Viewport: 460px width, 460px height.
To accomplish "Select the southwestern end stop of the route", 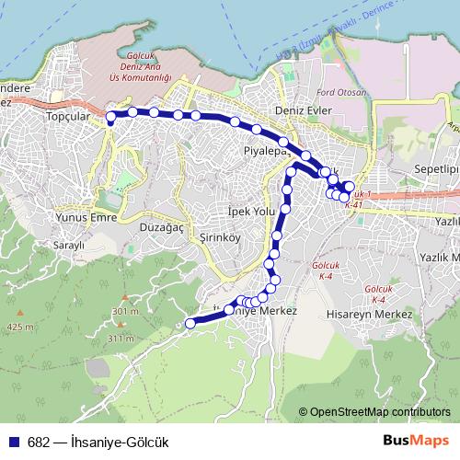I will (190, 323).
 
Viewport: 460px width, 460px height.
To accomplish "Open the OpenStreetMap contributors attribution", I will (380, 412).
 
